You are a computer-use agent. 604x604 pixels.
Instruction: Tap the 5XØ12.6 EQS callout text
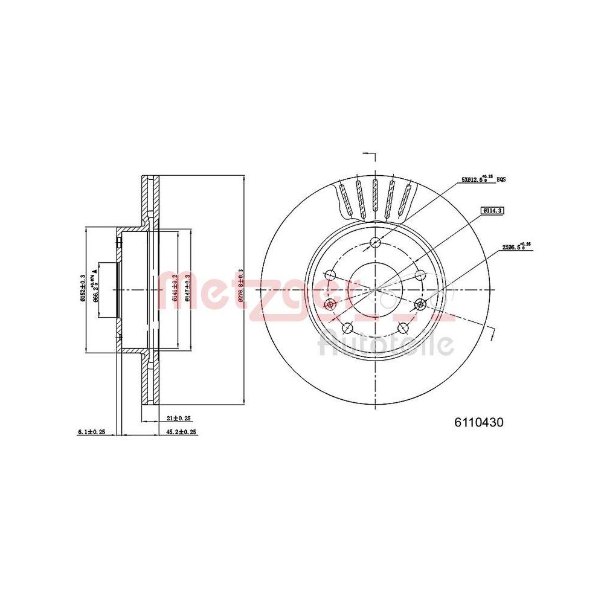pyautogui.click(x=477, y=179)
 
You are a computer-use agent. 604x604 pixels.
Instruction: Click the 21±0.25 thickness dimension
pyautogui.click(x=178, y=418)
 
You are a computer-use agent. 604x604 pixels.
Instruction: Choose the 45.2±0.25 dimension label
pyautogui.click(x=182, y=432)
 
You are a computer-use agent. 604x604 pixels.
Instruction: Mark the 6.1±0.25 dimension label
pyautogui.click(x=92, y=432)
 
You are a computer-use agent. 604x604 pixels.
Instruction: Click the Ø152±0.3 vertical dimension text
pyautogui.click(x=83, y=289)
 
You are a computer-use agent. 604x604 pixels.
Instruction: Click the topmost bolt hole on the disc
pyautogui.click(x=375, y=243)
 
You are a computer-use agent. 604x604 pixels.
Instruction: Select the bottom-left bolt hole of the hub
pyautogui.click(x=347, y=328)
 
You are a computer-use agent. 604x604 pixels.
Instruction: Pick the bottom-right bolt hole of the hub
pyautogui.click(x=403, y=328)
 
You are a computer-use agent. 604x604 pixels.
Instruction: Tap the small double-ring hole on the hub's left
pyautogui.click(x=329, y=303)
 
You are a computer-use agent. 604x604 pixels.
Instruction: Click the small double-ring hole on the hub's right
pyautogui.click(x=421, y=303)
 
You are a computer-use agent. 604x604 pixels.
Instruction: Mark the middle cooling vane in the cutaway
pyautogui.click(x=375, y=198)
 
